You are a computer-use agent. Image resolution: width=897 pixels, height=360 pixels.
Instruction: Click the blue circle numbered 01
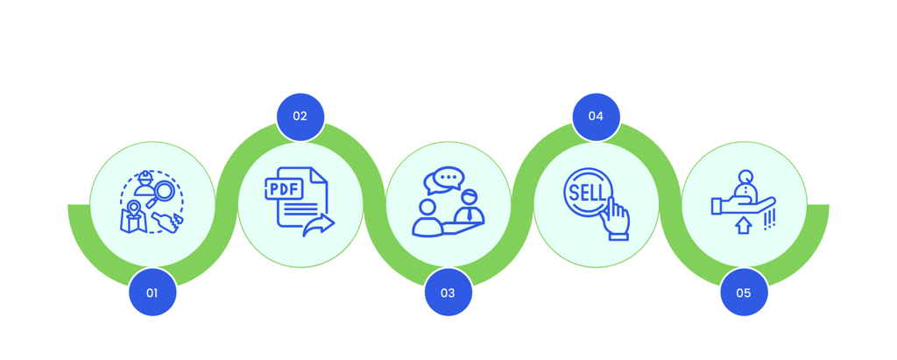152,293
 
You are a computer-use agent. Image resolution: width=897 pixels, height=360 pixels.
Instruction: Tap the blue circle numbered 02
300,116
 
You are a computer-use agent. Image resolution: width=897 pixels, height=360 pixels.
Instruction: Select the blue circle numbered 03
448,293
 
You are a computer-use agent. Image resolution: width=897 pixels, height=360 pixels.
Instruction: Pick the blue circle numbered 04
597,116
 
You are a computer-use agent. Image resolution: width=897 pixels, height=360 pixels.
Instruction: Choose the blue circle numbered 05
744,293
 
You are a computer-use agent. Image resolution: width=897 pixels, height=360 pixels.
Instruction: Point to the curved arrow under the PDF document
320,226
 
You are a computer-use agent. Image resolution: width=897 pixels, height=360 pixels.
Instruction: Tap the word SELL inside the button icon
585,190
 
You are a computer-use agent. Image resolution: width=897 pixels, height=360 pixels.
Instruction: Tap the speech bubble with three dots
443,179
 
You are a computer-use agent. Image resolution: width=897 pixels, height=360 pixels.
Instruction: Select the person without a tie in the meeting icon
428,219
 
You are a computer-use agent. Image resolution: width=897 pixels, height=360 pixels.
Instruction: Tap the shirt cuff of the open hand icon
716,207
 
